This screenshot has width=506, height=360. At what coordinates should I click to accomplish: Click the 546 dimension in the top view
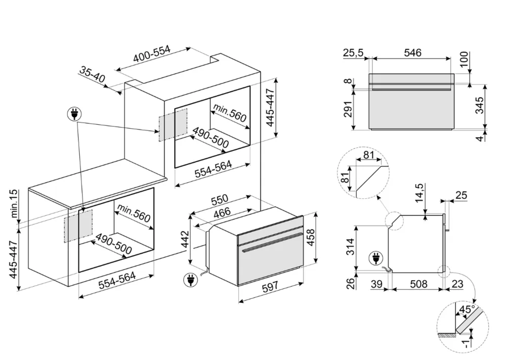pos(413,53)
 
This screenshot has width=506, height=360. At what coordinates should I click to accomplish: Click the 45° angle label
pos(466,309)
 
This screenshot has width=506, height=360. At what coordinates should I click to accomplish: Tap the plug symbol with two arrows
pos(74,114)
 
